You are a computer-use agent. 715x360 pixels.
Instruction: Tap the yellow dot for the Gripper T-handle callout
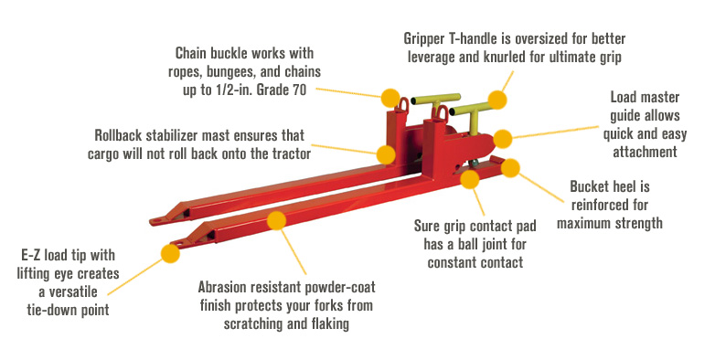point(496,98)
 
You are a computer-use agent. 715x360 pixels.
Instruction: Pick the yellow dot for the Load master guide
point(503,138)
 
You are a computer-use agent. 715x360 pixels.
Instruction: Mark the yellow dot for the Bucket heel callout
point(510,167)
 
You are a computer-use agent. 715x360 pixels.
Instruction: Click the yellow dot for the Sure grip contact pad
point(470,179)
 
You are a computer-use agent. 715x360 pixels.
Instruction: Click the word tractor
point(283,154)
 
